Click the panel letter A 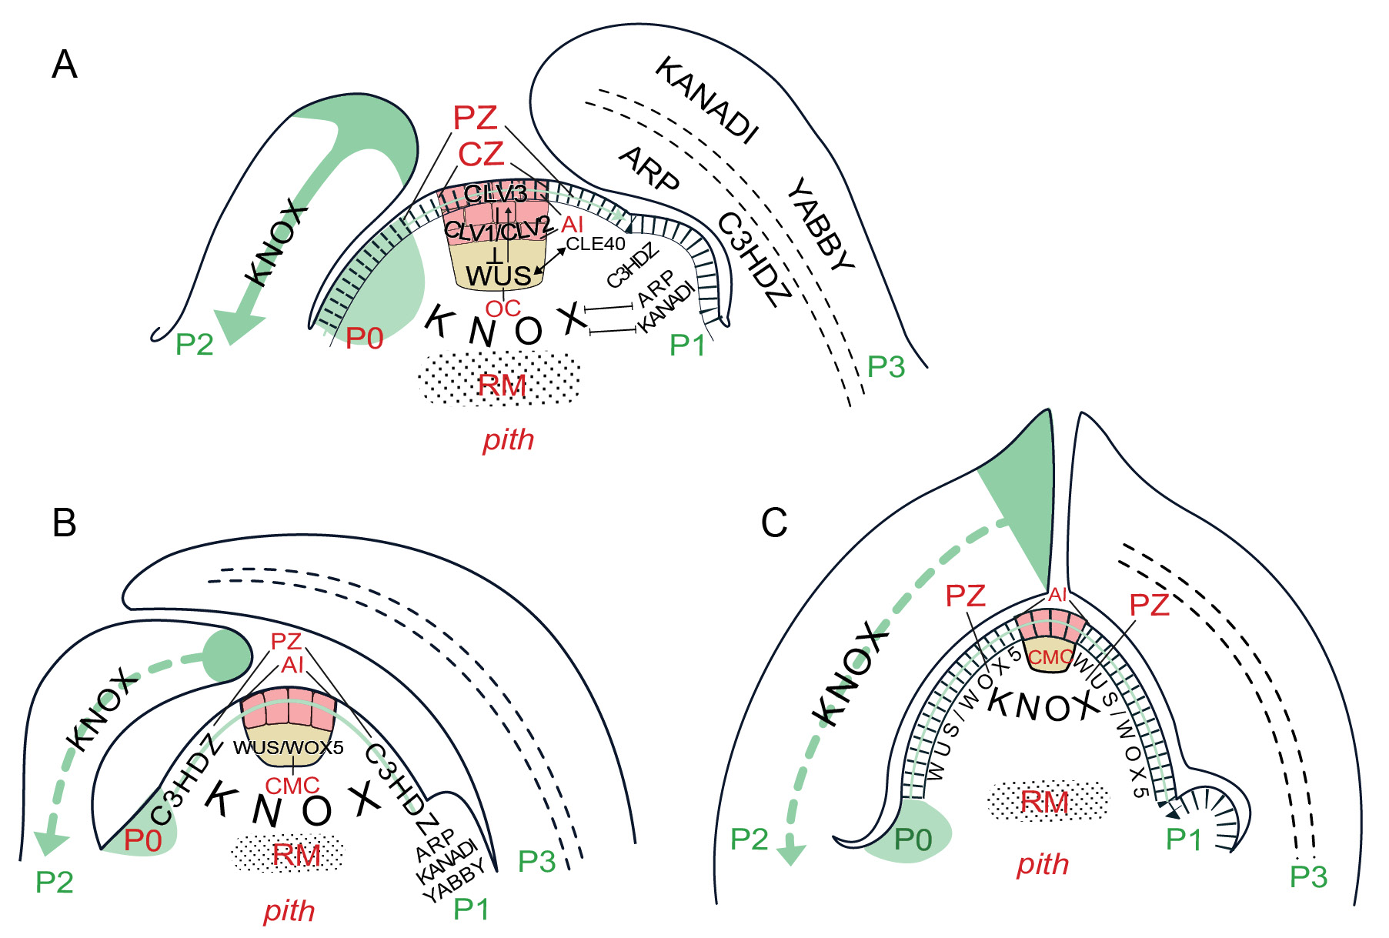[65, 65]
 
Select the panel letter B [64, 523]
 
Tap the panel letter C [774, 523]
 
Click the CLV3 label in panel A [496, 194]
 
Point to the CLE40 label [596, 245]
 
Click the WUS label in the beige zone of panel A [498, 275]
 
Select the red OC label [503, 309]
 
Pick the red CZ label [481, 155]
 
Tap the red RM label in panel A [502, 385]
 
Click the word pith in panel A [508, 439]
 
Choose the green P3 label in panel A [886, 367]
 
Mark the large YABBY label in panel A [821, 224]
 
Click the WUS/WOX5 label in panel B [289, 747]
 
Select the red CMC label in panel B [292, 786]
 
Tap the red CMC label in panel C [1050, 658]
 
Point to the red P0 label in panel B [143, 841]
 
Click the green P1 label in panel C [1184, 840]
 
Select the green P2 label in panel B [55, 882]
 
